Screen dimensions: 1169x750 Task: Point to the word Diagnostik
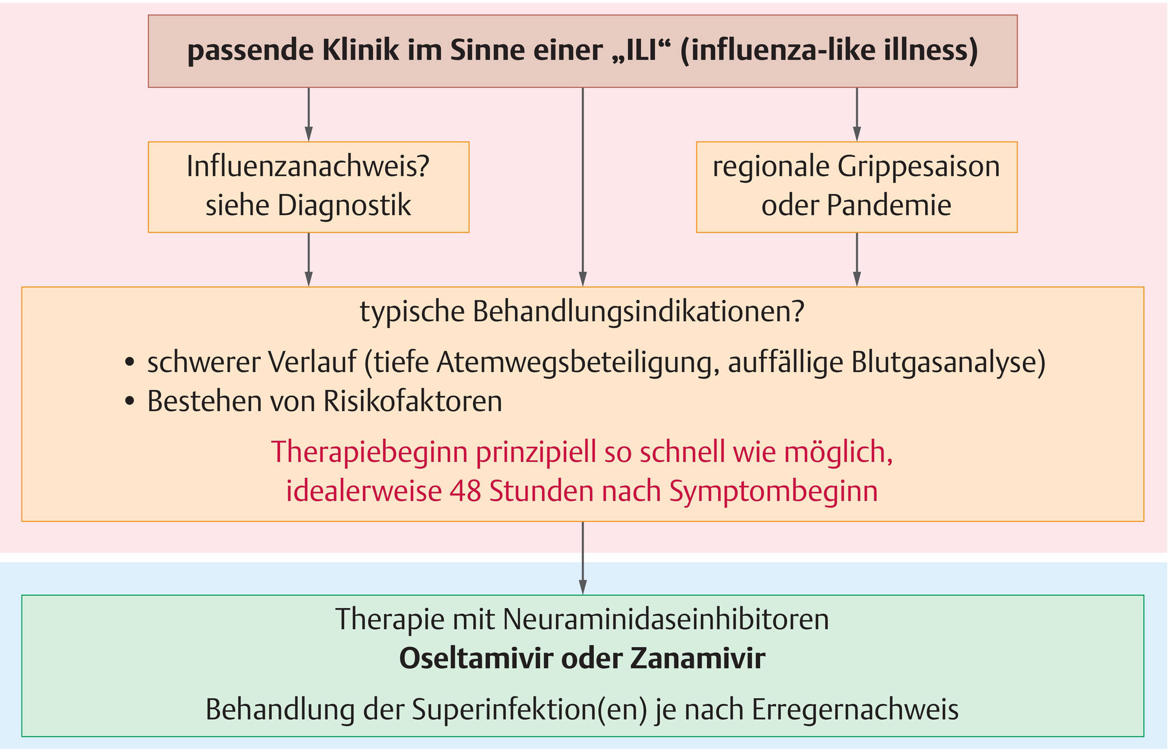coord(344,205)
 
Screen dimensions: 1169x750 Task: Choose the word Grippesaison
coord(919,167)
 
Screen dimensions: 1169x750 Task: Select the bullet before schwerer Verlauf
coord(130,364)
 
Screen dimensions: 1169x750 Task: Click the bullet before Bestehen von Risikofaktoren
coord(130,402)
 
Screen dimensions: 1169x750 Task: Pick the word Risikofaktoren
coord(413,402)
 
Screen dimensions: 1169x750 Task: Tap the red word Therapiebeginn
coord(368,452)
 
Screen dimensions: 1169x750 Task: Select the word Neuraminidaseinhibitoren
coord(666,619)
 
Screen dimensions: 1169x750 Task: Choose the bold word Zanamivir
coord(698,659)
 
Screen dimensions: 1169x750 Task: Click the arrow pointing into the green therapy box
coord(583,558)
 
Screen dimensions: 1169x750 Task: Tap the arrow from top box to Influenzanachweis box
coord(309,114)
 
